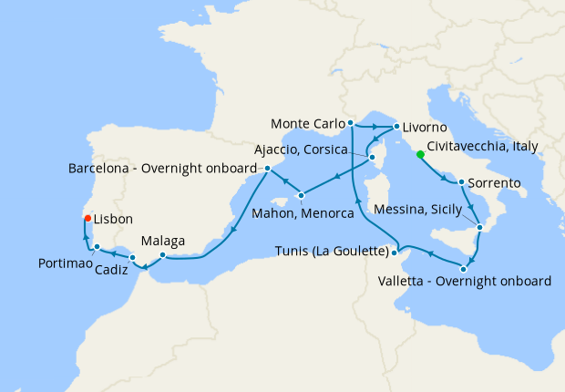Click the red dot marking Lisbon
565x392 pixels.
pyautogui.click(x=87, y=218)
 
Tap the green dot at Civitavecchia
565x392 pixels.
pyautogui.click(x=420, y=153)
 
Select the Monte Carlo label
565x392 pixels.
pyautogui.click(x=307, y=122)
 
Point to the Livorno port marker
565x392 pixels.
pyautogui.click(x=396, y=126)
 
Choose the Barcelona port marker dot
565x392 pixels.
pyautogui.click(x=267, y=169)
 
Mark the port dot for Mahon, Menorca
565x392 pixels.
pyautogui.click(x=302, y=195)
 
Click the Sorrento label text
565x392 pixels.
pyautogui.click(x=497, y=183)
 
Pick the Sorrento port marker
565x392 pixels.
pyautogui.click(x=463, y=182)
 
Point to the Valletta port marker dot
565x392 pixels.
pyautogui.click(x=466, y=268)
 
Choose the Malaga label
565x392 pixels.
pyautogui.click(x=163, y=241)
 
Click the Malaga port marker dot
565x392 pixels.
pyautogui.click(x=162, y=254)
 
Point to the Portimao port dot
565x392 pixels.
pyautogui.click(x=98, y=247)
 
